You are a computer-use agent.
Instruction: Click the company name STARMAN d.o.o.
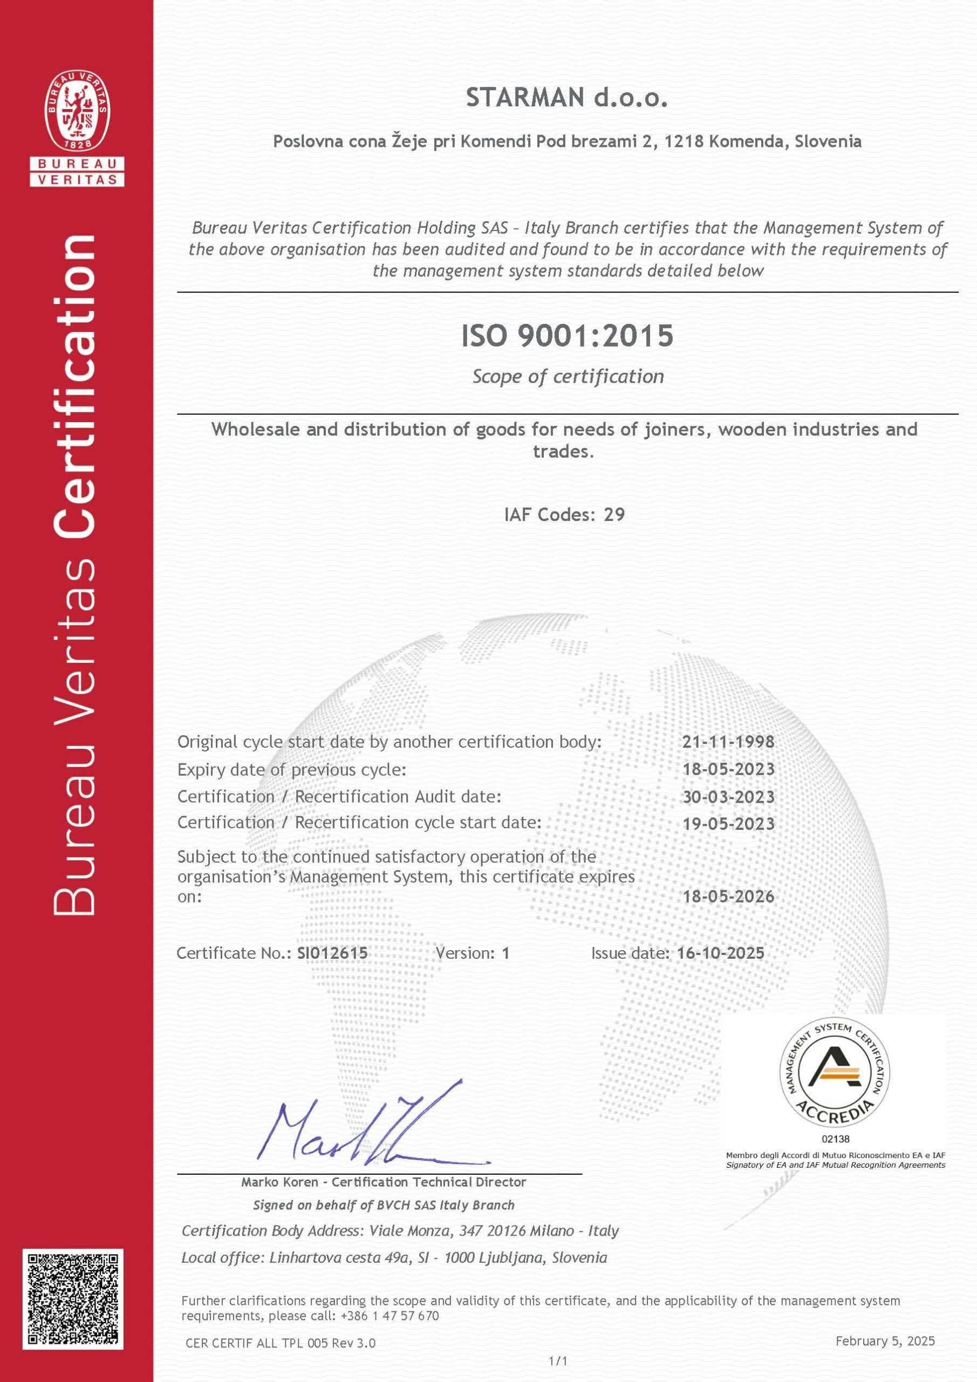(566, 98)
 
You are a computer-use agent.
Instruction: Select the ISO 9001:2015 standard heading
(566, 336)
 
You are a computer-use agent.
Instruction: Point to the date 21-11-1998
(728, 742)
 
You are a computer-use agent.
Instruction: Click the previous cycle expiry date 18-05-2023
(728, 769)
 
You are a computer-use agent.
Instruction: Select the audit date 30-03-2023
(728, 797)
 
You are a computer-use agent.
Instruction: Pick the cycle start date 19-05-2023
(728, 823)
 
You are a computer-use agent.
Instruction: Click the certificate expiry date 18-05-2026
(728, 897)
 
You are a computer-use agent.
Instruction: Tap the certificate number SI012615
(332, 953)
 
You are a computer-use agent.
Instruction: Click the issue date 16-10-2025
(720, 953)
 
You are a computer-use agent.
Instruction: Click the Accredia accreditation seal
(835, 1074)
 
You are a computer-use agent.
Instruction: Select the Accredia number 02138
(836, 1139)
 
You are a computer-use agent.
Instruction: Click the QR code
(73, 1299)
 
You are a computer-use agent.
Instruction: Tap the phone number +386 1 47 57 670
(390, 1316)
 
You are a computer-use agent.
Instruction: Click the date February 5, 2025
(885, 1341)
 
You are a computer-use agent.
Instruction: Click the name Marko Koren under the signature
(280, 1182)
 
